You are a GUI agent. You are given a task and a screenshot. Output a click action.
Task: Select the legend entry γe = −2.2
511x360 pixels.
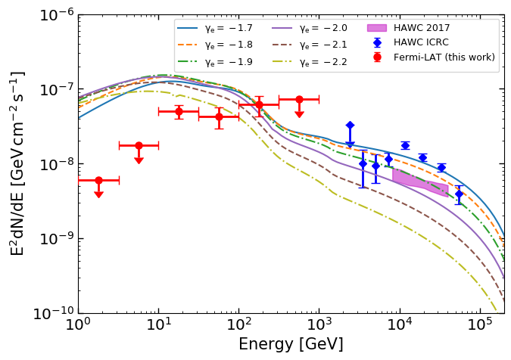(322, 62)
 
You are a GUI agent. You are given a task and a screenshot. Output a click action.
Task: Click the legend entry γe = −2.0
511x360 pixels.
(322, 29)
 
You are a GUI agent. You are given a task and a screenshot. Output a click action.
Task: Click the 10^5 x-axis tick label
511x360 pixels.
(479, 326)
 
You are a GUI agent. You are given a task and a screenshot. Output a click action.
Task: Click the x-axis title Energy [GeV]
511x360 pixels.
(291, 345)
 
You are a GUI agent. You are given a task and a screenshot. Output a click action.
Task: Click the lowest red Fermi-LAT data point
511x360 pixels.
(98, 180)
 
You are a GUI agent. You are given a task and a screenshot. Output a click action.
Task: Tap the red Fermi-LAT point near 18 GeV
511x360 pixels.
(179, 111)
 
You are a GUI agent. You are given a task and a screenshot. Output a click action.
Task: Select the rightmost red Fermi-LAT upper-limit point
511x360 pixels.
(299, 99)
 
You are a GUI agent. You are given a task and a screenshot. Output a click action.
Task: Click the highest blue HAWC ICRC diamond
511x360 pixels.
(350, 125)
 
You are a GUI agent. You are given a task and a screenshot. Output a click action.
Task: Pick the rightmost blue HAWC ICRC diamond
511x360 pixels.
(459, 194)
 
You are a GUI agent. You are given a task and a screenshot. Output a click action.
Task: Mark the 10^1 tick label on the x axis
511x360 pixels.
(158, 326)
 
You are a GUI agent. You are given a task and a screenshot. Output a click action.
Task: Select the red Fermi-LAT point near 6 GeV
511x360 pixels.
(139, 145)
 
